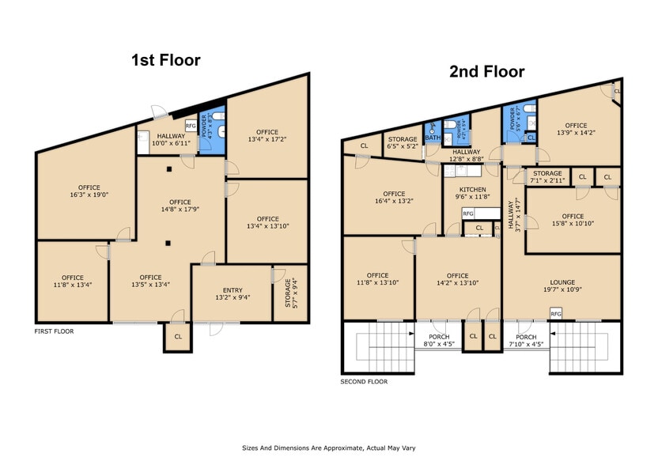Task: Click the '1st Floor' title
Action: pos(165,60)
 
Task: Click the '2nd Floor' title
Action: pos(486,72)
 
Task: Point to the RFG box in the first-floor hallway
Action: pos(191,126)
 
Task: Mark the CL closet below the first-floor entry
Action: pos(178,336)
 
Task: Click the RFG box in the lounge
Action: pos(555,314)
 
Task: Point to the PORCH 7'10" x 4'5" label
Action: pos(526,340)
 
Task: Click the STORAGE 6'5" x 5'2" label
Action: pos(402,143)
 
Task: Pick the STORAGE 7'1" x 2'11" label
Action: pos(546,177)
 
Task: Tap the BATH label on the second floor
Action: pos(433,137)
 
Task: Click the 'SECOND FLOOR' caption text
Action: pos(364,382)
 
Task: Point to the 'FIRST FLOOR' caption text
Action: pos(54,331)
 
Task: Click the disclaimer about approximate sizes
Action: pos(328,448)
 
